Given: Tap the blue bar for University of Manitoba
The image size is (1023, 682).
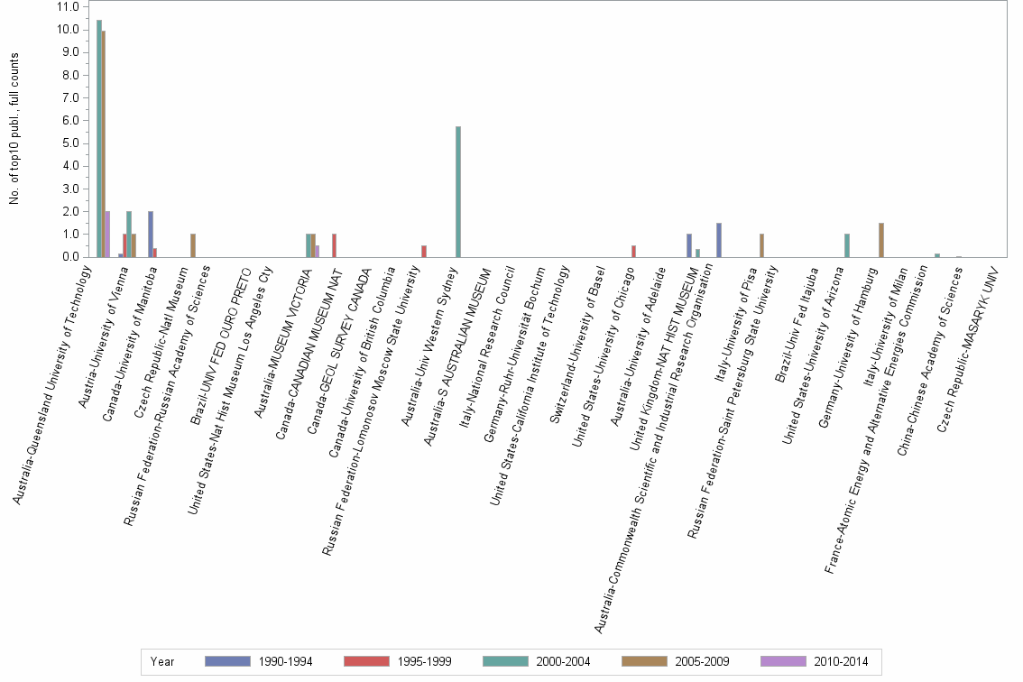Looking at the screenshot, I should pyautogui.click(x=151, y=234).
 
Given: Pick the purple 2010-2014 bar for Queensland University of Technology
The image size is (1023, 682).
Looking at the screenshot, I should pyautogui.click(x=108, y=234).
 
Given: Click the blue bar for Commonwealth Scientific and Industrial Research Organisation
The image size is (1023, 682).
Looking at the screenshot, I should pyautogui.click(x=718, y=240).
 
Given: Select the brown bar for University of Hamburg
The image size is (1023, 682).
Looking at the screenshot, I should pyautogui.click(x=881, y=240).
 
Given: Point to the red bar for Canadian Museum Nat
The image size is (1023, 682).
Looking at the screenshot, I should pyautogui.click(x=334, y=245).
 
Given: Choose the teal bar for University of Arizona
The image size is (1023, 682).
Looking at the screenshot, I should pyautogui.click(x=847, y=245).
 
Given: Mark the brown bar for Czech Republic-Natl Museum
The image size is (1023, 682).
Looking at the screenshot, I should pyautogui.click(x=193, y=245).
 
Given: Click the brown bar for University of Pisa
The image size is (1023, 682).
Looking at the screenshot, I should pyautogui.click(x=761, y=245).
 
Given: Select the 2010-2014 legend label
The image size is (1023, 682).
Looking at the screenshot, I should pyautogui.click(x=839, y=661).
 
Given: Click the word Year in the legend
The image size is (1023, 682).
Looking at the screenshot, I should pyautogui.click(x=162, y=661).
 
